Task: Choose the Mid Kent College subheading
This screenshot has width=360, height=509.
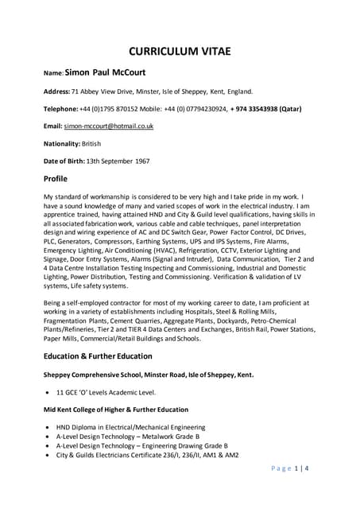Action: (115, 409)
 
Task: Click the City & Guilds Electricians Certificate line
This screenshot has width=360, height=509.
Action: (147, 455)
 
